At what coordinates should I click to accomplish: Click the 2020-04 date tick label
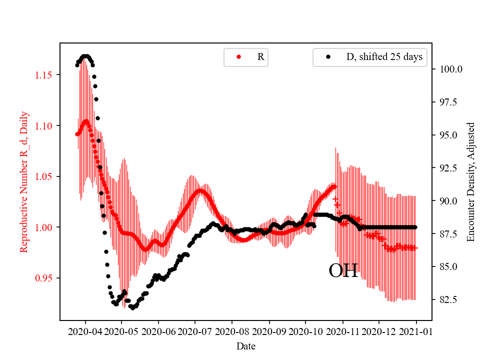[x=85, y=331]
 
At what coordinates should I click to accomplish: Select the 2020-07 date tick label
[x=195, y=331]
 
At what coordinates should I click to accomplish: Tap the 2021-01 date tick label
[x=416, y=331]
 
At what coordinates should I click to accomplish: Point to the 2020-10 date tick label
[x=305, y=331]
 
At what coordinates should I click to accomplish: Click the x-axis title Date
[x=245, y=345]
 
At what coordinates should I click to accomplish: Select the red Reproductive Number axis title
[x=23, y=181]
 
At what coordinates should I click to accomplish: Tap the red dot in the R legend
[x=238, y=57]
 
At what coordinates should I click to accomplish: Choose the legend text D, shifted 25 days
[x=384, y=57]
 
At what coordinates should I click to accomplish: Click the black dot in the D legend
[x=328, y=57]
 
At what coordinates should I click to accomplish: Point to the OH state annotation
[x=343, y=271]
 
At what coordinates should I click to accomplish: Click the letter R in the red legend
[x=260, y=57]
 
